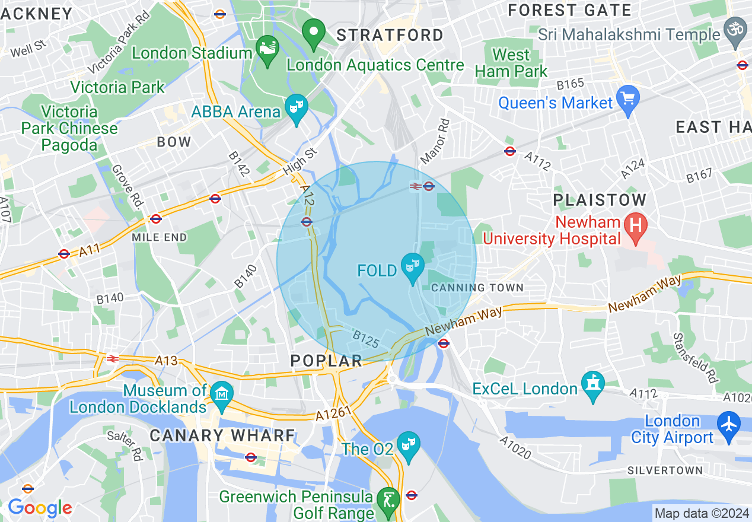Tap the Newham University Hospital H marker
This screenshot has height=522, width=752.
(636, 225)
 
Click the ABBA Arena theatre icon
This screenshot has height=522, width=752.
(295, 107)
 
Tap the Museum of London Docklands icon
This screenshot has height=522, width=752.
(223, 393)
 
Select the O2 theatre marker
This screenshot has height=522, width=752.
(409, 443)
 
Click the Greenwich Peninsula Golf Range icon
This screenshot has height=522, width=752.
(389, 499)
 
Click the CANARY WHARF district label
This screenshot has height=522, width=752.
(222, 435)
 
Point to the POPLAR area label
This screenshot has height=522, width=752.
(326, 361)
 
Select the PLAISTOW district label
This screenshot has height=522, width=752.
(600, 199)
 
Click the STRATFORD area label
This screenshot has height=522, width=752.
(390, 36)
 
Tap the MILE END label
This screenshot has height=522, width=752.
(159, 237)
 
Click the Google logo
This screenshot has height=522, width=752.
(40, 508)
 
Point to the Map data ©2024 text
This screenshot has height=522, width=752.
(701, 513)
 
